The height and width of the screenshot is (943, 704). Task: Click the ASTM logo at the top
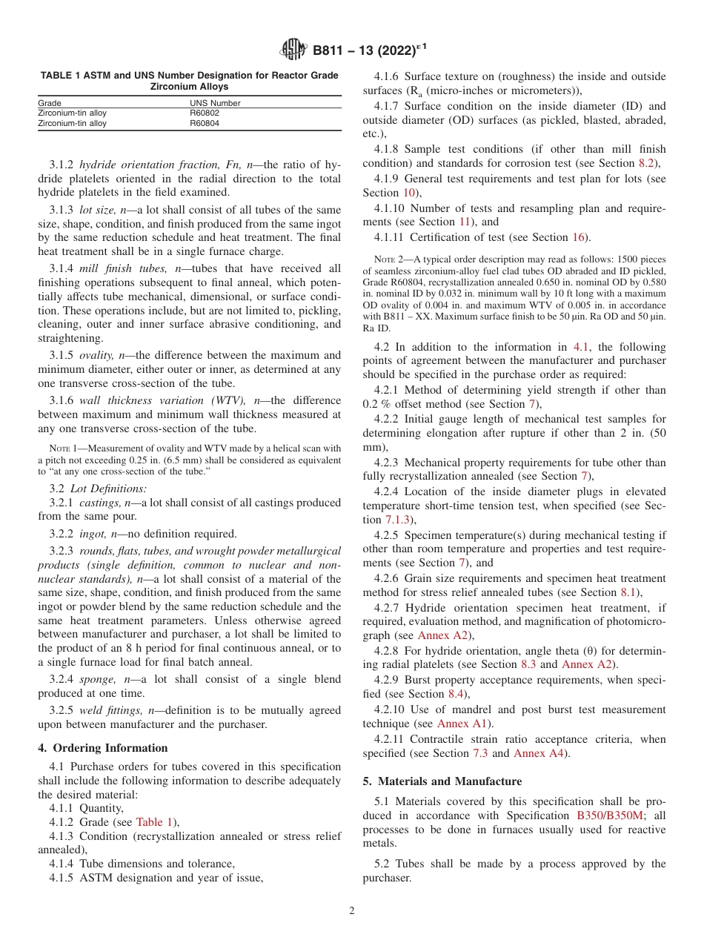pos(293,50)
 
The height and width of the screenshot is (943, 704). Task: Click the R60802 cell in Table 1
pos(205,113)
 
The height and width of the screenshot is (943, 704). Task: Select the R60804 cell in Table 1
pos(205,123)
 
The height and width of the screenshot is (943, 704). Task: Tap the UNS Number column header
pos(215,103)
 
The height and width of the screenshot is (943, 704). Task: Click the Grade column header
pos(50,103)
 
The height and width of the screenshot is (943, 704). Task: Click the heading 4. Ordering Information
pos(103,747)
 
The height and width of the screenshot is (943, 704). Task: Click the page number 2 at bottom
pos(352,911)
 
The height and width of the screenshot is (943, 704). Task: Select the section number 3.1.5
pos(62,355)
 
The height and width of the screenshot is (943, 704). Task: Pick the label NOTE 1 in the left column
pos(64,448)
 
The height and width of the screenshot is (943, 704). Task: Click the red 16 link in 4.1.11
pos(578,237)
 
